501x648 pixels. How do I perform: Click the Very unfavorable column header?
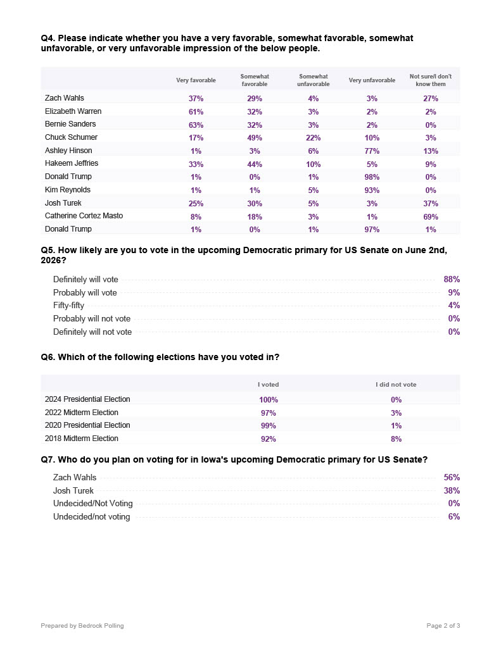coord(372,80)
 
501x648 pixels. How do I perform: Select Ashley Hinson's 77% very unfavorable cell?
coord(372,151)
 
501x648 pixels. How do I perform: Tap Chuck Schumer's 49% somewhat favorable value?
coord(255,138)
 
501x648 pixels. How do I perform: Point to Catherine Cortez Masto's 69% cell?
coord(431,216)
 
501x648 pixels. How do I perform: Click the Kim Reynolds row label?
coord(68,190)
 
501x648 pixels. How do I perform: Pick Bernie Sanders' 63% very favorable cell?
coord(196,125)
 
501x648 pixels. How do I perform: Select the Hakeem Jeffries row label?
coord(72,163)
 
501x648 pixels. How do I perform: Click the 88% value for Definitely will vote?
coord(452,280)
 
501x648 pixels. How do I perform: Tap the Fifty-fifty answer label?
coord(68,306)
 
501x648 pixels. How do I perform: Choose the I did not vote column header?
coord(396,385)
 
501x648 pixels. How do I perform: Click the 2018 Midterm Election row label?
coord(82,439)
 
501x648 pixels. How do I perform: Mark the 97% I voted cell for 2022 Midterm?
coord(269,413)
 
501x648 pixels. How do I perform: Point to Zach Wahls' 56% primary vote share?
coord(452,478)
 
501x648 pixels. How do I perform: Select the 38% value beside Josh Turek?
coord(452,490)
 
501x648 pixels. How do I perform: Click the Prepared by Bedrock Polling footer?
coord(82,626)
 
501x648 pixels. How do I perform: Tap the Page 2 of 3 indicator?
coord(443,626)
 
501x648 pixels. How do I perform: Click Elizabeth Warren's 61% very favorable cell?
coord(196,112)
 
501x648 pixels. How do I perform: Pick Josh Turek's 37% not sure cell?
coord(431,203)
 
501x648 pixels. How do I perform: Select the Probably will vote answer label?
coord(85,292)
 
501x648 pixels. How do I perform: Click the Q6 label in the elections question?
coord(48,358)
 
